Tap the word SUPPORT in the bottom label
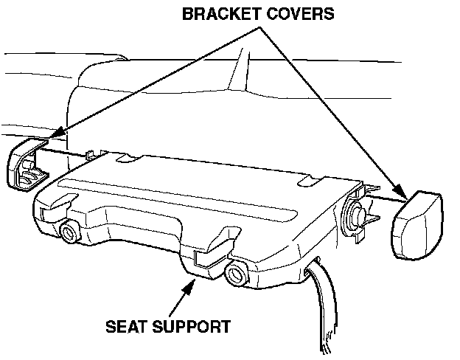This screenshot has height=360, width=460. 194,325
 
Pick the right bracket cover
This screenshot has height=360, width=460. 417,224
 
